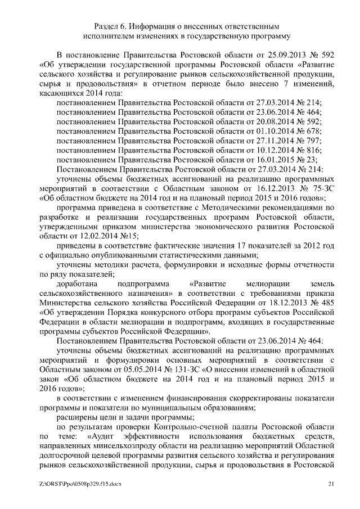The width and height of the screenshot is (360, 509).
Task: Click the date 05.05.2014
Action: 127,368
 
